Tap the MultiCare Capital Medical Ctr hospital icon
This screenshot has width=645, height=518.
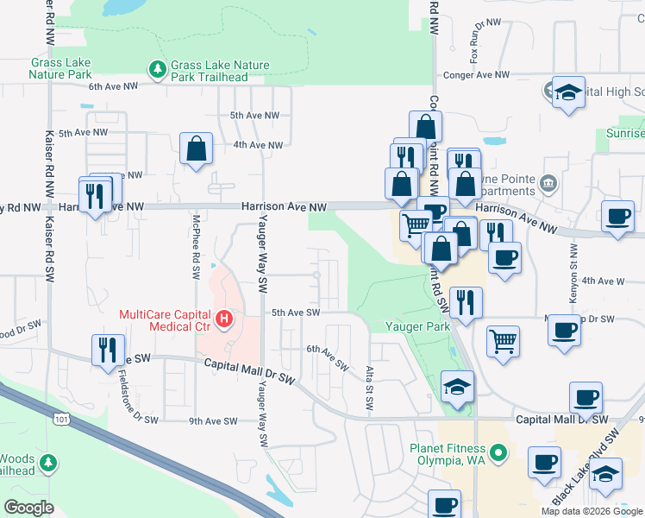pyautogui.click(x=224, y=319)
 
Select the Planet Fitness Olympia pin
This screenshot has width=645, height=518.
pyautogui.click(x=497, y=452)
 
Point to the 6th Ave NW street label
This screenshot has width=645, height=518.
pyautogui.click(x=113, y=86)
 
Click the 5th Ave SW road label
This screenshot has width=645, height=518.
pyautogui.click(x=295, y=313)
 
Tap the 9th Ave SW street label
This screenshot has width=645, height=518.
pyautogui.click(x=212, y=421)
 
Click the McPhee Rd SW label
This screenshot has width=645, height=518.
pyautogui.click(x=197, y=246)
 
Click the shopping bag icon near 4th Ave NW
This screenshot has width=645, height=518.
pyautogui.click(x=197, y=148)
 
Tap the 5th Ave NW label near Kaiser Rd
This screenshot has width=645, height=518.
pyautogui.click(x=70, y=133)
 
